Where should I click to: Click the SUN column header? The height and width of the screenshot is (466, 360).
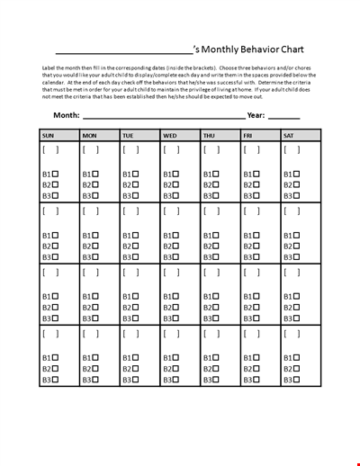(48, 136)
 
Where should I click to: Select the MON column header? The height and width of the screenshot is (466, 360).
(89, 136)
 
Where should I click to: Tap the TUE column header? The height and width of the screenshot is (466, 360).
(129, 136)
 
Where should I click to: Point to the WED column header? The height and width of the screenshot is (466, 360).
(170, 136)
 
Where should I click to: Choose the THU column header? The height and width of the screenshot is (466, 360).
(210, 136)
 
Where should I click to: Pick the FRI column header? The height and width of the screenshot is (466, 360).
(248, 136)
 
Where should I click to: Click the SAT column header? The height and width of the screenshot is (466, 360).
(289, 136)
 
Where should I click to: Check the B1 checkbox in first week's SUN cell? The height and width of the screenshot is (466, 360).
(58, 175)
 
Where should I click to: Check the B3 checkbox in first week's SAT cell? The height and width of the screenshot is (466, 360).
(301, 195)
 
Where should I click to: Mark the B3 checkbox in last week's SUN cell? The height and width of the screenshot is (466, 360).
(58, 379)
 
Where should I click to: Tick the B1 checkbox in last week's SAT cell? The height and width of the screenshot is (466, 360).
(301, 358)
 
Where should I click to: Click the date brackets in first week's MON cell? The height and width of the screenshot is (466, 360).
(92, 150)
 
